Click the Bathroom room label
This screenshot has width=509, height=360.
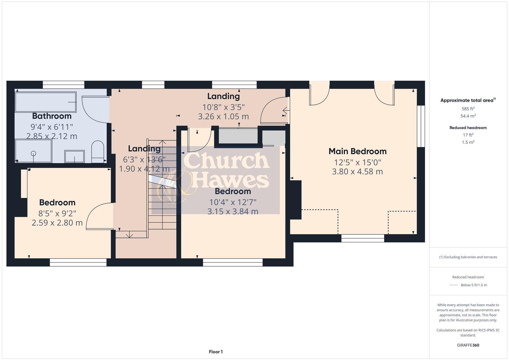tap(52, 116)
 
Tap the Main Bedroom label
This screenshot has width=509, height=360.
tap(357, 151)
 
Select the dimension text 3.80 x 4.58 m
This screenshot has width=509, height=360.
tap(357, 172)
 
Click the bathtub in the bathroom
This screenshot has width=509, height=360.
tap(46, 102)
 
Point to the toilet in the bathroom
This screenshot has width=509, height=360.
tap(98, 152)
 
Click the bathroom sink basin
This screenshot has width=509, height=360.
tap(74, 156)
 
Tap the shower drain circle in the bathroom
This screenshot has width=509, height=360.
tap(33, 153)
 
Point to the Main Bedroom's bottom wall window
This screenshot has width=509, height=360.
tap(363, 238)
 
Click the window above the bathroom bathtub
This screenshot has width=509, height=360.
tap(63, 85)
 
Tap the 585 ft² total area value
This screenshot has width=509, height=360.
tap(468, 109)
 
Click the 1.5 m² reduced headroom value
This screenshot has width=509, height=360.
tap(468, 142)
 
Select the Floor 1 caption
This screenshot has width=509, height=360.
tap(216, 352)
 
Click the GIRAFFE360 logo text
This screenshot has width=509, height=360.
tap(468, 345)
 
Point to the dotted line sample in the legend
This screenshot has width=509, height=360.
tap(454, 285)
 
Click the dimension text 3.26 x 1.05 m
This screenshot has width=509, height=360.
tap(223, 117)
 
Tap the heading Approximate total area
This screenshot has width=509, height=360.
tap(467, 100)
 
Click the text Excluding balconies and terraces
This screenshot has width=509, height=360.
tap(470, 257)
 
